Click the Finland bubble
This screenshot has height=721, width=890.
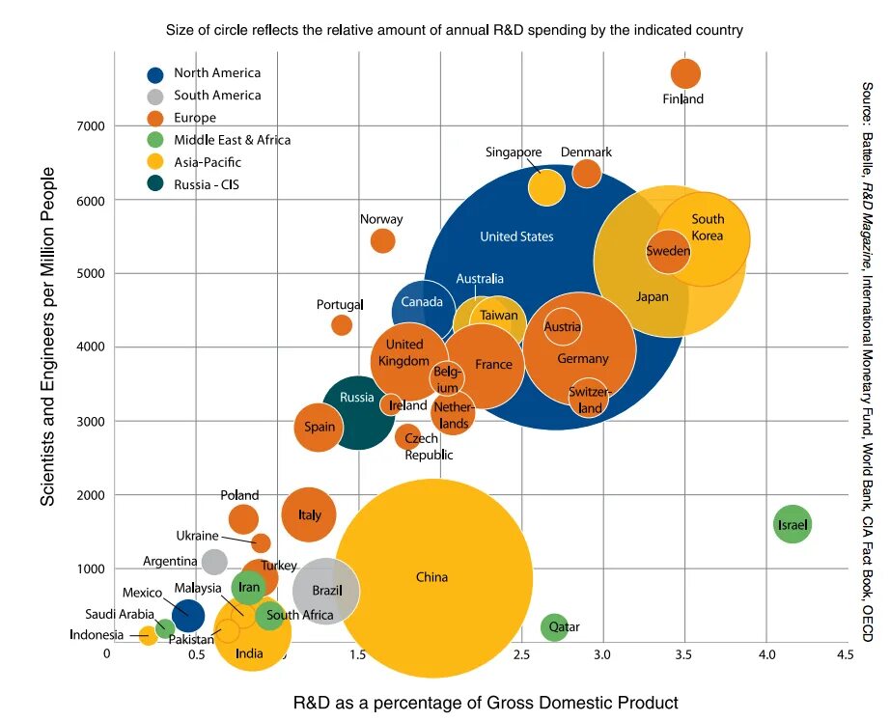pos(685,73)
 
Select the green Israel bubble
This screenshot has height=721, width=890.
pos(793,524)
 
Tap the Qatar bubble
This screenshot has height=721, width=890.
pos(553,627)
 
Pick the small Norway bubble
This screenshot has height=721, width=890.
pos(383,240)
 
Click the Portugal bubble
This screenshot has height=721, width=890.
pos(342,325)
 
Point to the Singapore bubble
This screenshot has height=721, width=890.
pos(546,186)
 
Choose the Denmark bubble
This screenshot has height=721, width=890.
pos(587,173)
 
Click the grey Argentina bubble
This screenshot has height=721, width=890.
pos(214,561)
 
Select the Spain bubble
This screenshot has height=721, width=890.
pos(320,428)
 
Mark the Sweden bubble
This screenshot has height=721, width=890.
pos(668,252)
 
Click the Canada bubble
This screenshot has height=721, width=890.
pos(421,309)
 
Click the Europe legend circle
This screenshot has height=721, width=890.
pos(154,118)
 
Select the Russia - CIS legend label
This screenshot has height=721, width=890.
pos(207,184)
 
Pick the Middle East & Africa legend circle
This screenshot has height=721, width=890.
pos(154,140)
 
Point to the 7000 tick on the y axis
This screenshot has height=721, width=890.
pos(90,126)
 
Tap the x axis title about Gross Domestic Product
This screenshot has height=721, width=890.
pos(486,703)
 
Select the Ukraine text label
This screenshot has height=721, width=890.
pos(197,536)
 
